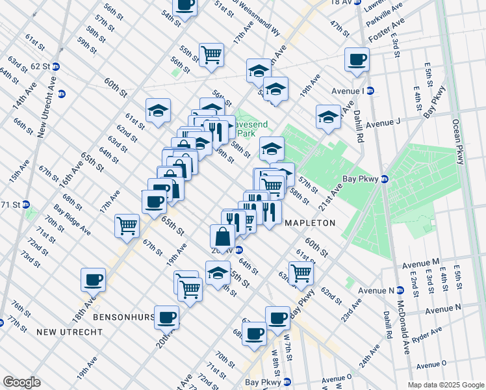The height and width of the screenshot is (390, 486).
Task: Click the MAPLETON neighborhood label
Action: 311,222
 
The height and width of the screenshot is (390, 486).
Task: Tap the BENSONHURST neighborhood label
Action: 123,317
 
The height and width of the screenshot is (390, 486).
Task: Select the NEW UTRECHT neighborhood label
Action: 69,332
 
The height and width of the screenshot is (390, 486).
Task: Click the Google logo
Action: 21,382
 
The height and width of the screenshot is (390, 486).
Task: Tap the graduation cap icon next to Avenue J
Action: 328,117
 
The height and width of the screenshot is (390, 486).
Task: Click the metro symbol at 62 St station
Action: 56,66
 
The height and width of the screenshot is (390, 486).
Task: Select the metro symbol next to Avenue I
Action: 370,90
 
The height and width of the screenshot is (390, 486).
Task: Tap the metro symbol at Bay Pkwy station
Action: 384,179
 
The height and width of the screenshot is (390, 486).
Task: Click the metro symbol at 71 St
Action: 27,204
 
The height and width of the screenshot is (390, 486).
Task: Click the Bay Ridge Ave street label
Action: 72,222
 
